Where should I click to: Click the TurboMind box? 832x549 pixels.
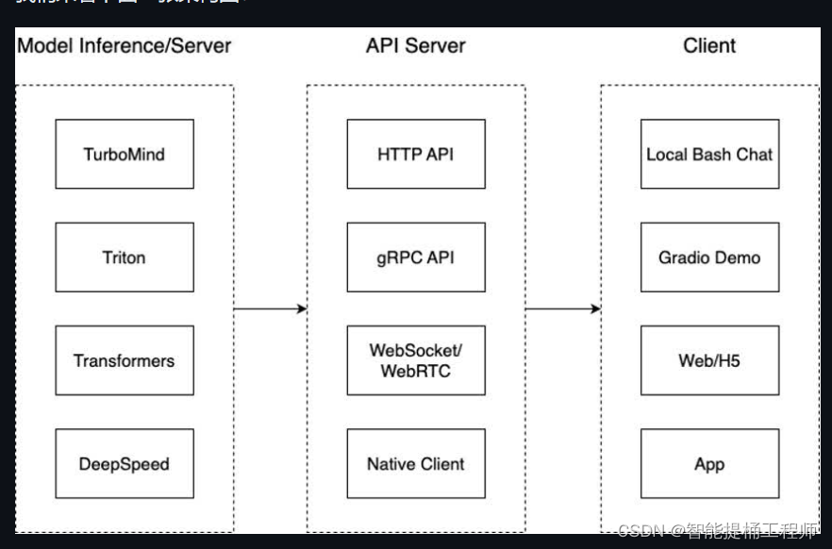pos(124,154)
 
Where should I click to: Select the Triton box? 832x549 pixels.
pos(124,258)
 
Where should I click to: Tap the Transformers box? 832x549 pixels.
pos(124,360)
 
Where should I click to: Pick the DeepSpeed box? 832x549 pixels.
pos(124,464)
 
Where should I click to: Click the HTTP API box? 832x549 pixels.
pos(415,154)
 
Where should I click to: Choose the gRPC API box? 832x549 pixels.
pos(415,258)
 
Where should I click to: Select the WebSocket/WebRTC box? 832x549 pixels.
pos(415,360)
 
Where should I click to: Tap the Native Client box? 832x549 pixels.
pos(415,464)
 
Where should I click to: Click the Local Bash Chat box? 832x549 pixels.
pos(709,154)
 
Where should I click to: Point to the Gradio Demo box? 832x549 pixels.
pos(709,258)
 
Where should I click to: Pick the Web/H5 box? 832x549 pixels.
pos(709,360)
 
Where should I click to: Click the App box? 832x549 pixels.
pos(709,464)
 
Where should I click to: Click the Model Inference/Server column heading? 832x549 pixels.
pos(125,45)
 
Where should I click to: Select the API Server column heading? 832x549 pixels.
pos(415,45)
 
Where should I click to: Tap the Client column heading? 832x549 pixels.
pos(709,45)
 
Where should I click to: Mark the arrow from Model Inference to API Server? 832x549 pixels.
pos(270,308)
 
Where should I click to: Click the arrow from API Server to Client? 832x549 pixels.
pos(562,308)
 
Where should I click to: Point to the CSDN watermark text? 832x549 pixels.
pos(717,530)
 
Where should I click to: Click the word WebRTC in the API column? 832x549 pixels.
pos(415,371)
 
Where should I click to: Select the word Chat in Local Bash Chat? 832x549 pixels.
pos(754,154)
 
